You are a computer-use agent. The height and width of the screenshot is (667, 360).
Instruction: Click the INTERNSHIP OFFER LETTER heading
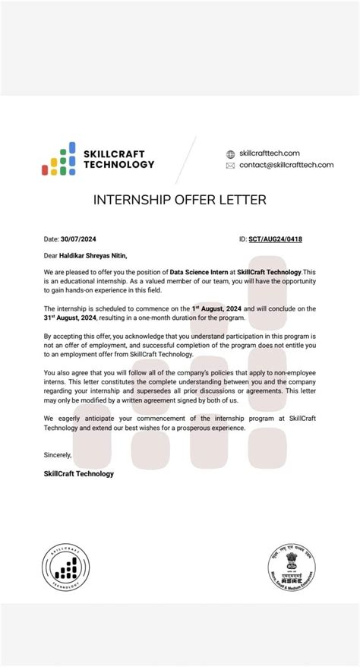[180, 200]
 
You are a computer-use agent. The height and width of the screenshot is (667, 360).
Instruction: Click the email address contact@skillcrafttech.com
[286, 165]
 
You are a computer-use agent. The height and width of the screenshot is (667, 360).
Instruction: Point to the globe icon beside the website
[231, 153]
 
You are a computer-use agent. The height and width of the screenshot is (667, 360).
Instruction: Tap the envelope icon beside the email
[231, 165]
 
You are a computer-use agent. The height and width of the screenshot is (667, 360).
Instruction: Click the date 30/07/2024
[79, 238]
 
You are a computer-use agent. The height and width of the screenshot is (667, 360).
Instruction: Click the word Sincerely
[57, 456]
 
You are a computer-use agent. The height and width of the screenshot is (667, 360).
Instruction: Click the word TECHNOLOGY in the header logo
[119, 164]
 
